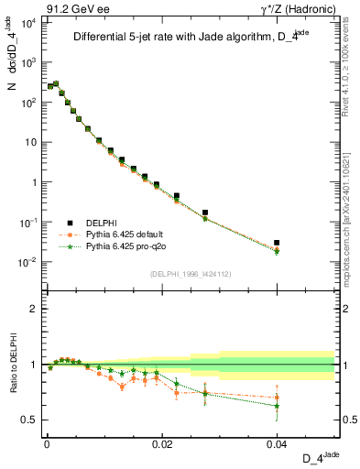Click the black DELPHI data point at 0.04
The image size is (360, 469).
(277, 243)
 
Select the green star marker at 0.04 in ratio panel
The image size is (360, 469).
(277, 406)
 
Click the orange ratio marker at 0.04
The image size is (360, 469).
(277, 398)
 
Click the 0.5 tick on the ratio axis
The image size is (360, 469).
(34, 420)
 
